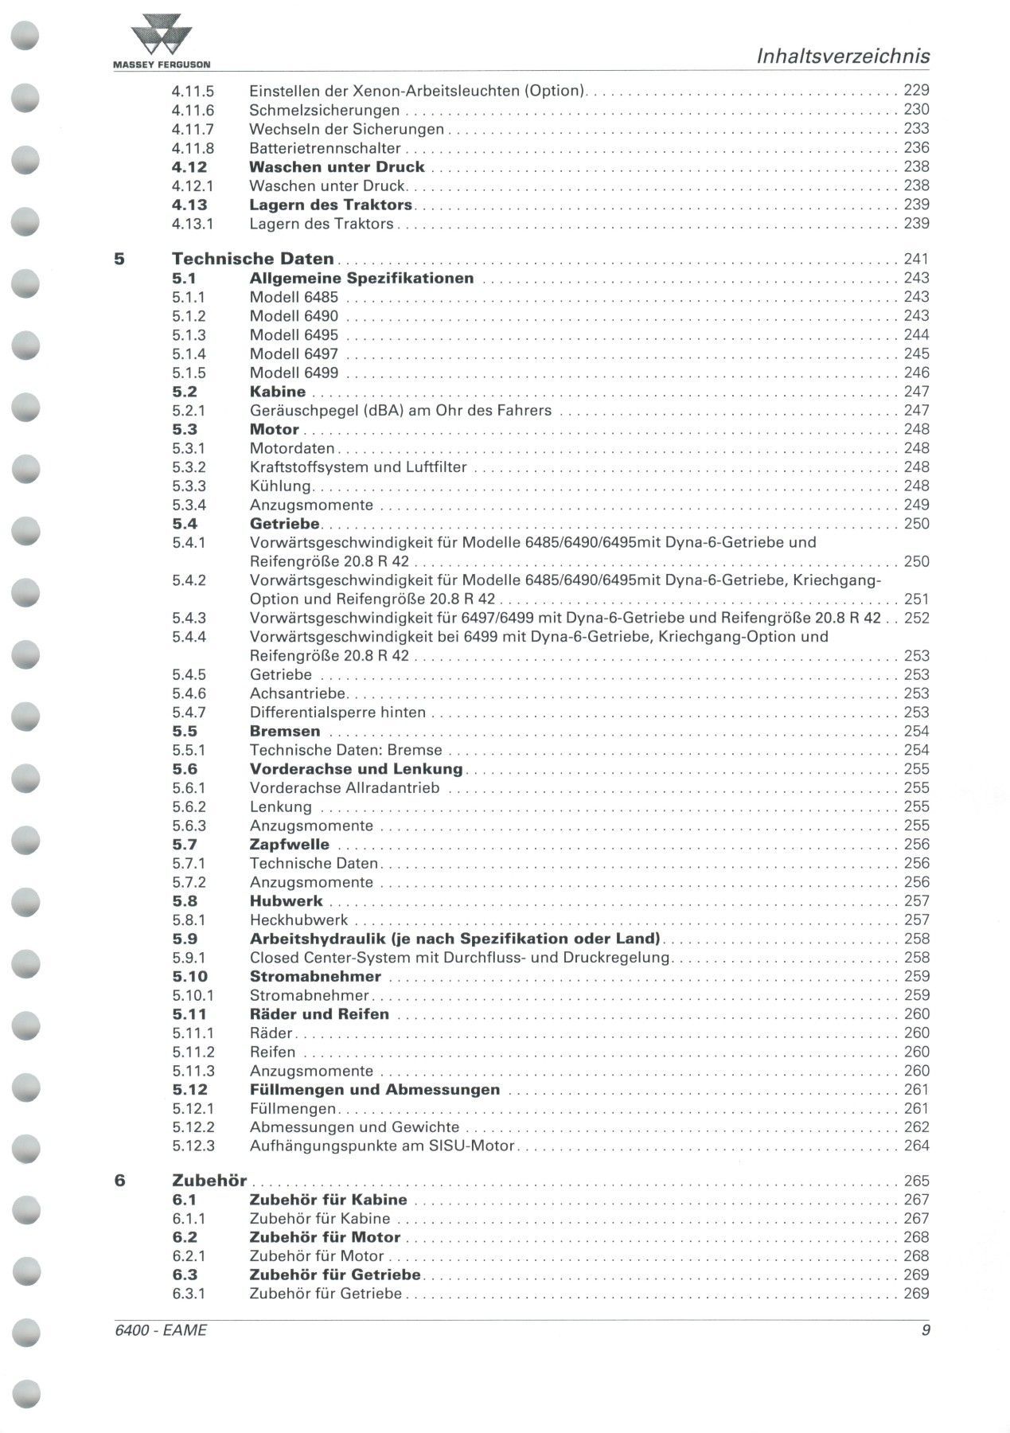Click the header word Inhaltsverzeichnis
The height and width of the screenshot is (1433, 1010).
pos(842,57)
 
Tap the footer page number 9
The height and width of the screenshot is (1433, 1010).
pos(925,1330)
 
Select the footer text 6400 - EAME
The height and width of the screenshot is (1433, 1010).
pos(161,1330)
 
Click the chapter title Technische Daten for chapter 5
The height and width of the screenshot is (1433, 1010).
pos(253,259)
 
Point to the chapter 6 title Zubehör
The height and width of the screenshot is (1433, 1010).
pos(209,1181)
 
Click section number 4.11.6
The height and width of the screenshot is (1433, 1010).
pos(193,110)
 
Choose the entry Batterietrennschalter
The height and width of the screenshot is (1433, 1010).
pos(325,148)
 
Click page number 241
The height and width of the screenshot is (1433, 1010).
pos(916,259)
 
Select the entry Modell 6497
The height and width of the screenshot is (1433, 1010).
pos(294,353)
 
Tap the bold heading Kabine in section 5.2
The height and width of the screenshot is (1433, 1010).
pos(278,392)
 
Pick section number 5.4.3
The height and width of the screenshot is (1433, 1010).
pos(189,618)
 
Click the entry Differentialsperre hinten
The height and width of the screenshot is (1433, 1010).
pos(337,713)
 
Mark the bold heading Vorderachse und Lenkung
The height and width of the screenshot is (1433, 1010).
pos(356,769)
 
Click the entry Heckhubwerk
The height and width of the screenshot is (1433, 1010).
pos(298,920)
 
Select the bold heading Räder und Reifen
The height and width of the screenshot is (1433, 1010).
pos(319,1014)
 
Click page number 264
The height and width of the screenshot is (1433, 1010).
pos(916,1146)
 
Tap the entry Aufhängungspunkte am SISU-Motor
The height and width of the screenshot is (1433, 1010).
pos(382,1146)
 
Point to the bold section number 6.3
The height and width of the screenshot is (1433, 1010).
pos(185,1275)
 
